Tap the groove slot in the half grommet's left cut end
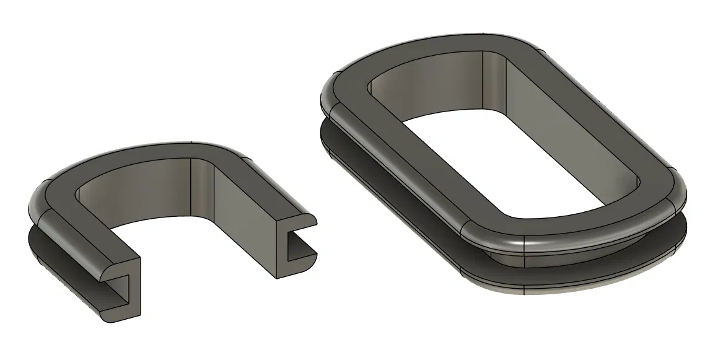(x=118, y=291)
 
